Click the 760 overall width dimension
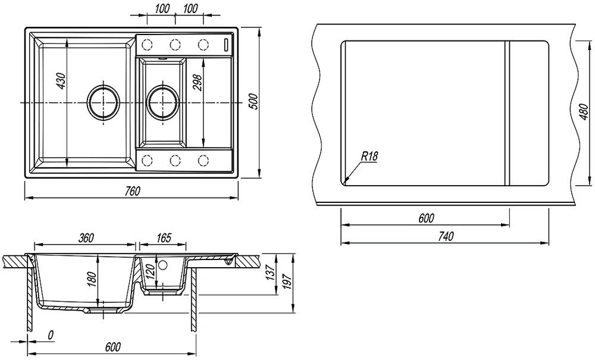click(133, 191)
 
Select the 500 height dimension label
click(254, 102)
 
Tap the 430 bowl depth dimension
click(62, 81)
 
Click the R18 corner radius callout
click(369, 156)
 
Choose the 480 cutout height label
click(584, 112)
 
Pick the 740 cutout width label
click(446, 236)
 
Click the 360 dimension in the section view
click(86, 238)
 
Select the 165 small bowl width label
click(164, 238)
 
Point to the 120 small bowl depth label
click(151, 273)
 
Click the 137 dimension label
click(270, 273)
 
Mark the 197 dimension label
click(287, 281)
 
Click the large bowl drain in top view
click(103, 102)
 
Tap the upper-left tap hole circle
click(147, 45)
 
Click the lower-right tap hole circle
click(203, 161)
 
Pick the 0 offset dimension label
click(51, 335)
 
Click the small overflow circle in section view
click(163, 264)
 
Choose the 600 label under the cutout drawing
click(426, 218)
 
